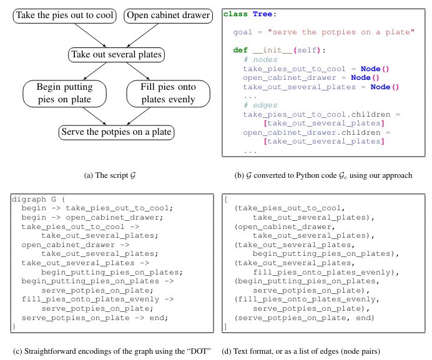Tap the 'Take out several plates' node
117,55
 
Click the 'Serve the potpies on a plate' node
115,132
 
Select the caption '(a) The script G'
109,175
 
